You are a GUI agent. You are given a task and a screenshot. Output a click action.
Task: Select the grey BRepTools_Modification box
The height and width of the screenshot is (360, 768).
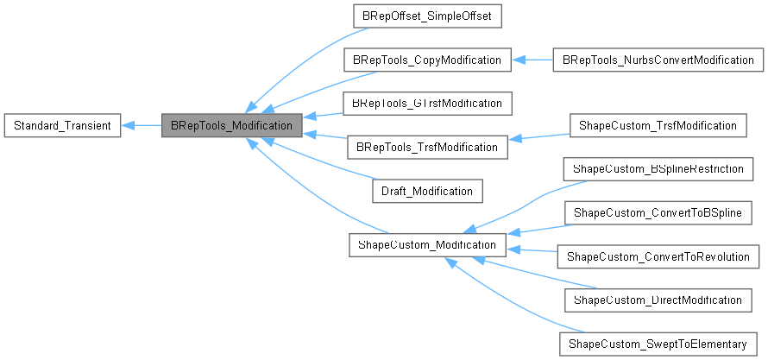(232, 126)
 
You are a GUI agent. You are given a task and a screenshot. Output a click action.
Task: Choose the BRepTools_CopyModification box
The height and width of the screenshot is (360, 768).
(423, 60)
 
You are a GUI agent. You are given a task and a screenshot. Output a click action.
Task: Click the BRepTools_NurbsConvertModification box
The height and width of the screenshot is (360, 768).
(658, 60)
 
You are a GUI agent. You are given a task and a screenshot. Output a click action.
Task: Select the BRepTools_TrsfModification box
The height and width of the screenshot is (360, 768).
(423, 147)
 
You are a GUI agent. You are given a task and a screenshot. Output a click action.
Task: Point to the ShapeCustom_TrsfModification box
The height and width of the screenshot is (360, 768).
(657, 126)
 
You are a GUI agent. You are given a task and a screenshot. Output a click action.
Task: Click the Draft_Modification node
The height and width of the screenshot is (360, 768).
(427, 191)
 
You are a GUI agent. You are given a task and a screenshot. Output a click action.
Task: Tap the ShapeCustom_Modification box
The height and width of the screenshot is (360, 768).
(426, 245)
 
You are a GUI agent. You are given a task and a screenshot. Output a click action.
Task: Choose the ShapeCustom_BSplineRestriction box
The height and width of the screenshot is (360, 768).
(658, 169)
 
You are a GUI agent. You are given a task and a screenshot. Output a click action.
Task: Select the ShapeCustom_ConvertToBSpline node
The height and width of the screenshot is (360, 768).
(658, 212)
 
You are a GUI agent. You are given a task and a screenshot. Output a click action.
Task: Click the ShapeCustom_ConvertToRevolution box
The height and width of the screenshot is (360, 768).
(660, 256)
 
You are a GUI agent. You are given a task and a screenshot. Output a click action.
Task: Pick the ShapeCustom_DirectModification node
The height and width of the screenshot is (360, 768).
(658, 300)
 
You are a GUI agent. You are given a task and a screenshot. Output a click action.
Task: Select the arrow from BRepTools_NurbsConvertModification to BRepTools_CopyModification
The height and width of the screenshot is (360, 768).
(531, 60)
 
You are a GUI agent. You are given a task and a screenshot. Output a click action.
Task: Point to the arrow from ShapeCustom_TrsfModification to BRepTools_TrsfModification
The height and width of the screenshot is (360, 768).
(536, 136)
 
